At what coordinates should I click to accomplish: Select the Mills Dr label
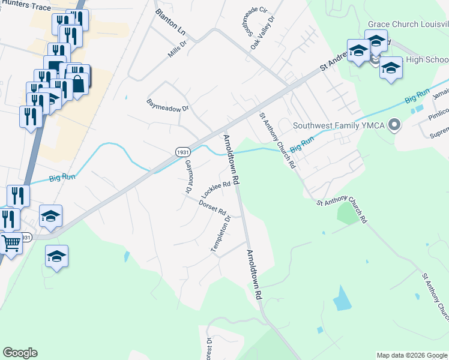click(178, 47)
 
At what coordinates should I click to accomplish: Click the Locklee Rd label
click(216, 190)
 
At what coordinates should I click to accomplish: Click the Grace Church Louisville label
click(408, 25)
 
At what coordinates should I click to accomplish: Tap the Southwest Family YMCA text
click(339, 126)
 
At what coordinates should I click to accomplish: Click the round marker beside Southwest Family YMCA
click(394, 125)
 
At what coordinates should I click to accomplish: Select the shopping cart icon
click(11, 244)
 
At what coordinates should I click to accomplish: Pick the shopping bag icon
click(79, 85)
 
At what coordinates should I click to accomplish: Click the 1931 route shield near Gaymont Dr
click(184, 152)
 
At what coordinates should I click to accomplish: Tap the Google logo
click(20, 353)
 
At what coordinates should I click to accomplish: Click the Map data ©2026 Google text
click(411, 355)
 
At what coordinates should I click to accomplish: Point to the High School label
click(427, 59)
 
